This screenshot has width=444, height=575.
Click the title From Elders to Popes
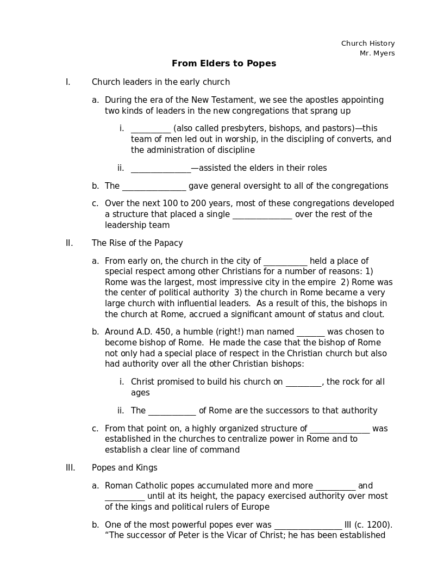pos(224,64)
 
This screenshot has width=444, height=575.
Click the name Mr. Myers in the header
pos(377,53)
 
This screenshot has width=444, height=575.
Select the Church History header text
pos(368,44)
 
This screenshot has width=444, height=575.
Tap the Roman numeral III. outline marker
pos(70,468)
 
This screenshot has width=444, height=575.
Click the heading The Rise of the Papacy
pos(137,243)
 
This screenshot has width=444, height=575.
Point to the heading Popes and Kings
pos(124,468)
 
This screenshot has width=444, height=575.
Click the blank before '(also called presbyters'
pos(151,129)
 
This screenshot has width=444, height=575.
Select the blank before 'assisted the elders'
pos(160,169)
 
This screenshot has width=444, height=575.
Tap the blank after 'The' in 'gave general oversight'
pos(154,187)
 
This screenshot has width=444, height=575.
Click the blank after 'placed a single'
pos(262,215)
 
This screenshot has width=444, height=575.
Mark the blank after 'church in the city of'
pos(285,262)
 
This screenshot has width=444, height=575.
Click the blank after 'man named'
pos(310,332)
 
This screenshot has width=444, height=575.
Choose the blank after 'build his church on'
pos(303,382)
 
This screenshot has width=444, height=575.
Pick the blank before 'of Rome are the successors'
pos(172,411)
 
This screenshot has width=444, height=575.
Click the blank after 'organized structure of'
pos(340,429)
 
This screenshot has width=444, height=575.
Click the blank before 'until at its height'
pos(124,497)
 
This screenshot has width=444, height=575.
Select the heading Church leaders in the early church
pos(160,82)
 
